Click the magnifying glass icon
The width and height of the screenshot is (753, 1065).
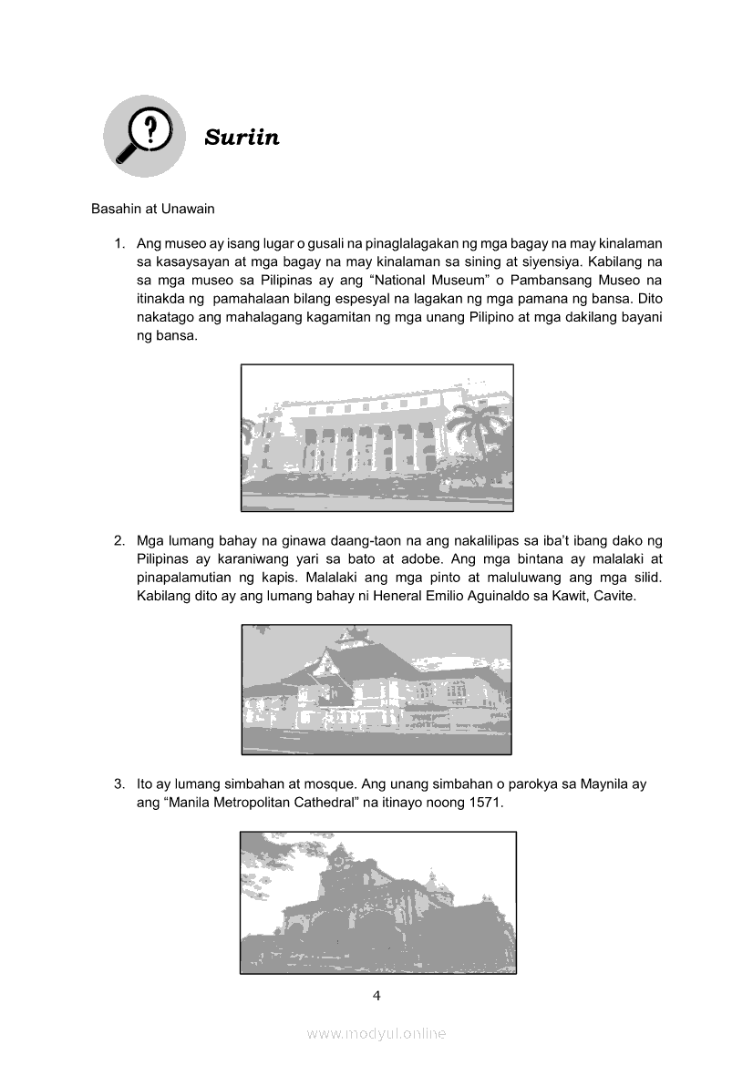click(x=145, y=136)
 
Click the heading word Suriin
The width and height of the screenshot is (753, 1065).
click(x=242, y=138)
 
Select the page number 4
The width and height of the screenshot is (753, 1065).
click(x=376, y=995)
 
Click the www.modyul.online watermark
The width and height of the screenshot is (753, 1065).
click(x=376, y=1033)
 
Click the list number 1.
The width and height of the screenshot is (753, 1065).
click(x=119, y=243)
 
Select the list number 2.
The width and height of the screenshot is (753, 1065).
click(x=119, y=539)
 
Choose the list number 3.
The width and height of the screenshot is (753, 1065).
click(x=119, y=783)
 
